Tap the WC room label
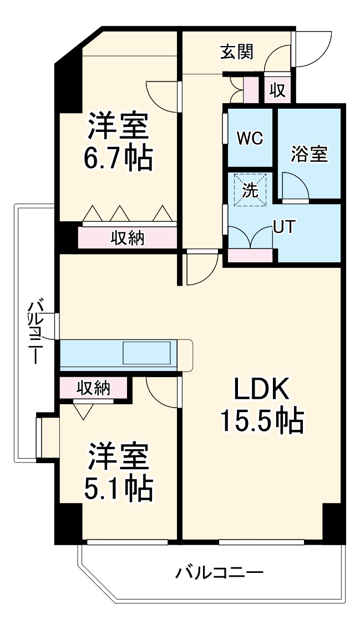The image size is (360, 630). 250,138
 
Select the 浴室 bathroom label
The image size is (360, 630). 309,154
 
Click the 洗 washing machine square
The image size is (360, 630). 250,190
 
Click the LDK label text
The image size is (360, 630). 261,392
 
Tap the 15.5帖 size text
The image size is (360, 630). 262,421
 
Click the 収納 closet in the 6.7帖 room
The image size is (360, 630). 128,238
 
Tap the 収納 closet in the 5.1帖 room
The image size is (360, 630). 93,388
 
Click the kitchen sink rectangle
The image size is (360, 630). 147,353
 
